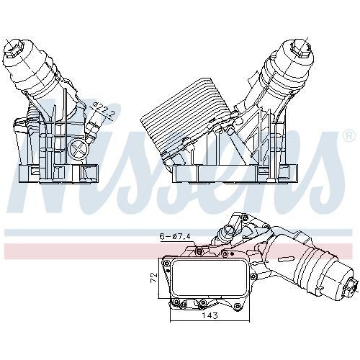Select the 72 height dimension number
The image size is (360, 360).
(153, 276)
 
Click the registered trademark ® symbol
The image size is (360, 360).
(348, 135)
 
